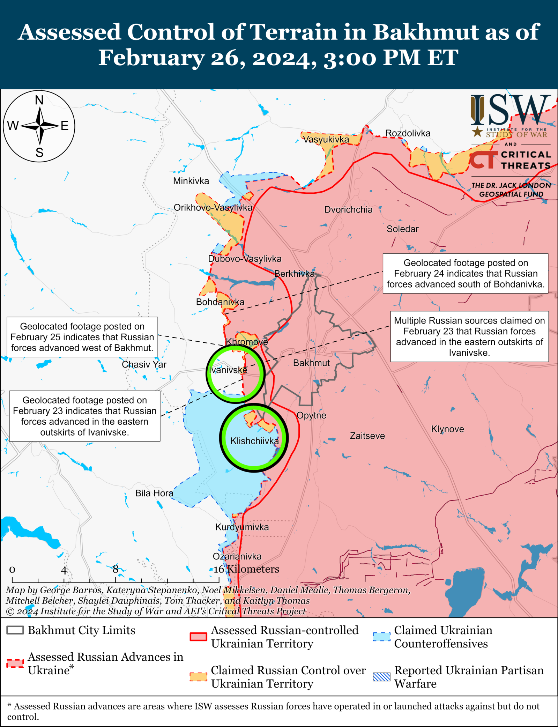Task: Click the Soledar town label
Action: tap(402, 229)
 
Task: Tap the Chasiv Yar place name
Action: tap(144, 364)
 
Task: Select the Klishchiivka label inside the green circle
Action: tap(254, 441)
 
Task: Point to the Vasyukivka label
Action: tap(326, 139)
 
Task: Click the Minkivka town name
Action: tap(191, 181)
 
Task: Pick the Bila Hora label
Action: tap(154, 493)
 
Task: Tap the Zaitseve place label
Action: tap(367, 436)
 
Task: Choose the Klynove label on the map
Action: tap(447, 429)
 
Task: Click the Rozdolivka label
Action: tap(408, 133)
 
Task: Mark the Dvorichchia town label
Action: tap(348, 209)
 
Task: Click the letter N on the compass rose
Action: tap(39, 101)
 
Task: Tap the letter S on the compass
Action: tap(39, 153)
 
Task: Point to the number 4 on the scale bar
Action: tap(64, 570)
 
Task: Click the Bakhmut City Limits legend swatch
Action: tap(15, 630)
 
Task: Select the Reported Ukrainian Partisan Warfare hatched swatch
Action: tap(381, 677)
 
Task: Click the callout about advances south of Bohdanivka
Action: tap(465, 273)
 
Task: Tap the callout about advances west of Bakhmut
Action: tap(82, 337)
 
